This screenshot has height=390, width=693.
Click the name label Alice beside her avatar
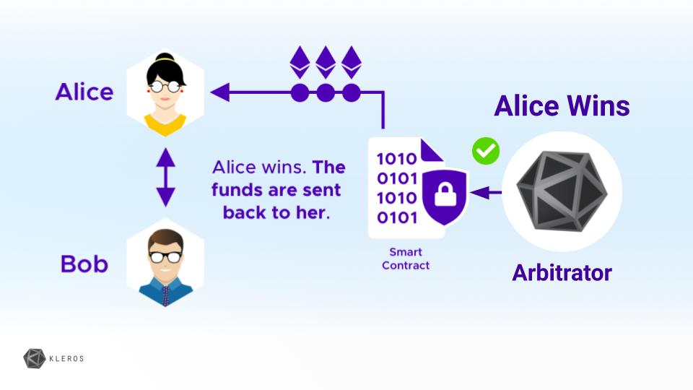tap(84, 92)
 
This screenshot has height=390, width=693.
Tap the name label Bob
tap(84, 264)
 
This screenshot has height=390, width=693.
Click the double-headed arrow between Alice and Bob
tap(165, 177)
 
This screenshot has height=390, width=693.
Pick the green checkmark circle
tap(486, 151)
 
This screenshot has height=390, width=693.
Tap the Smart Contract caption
tap(405, 259)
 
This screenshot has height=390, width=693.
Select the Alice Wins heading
tap(562, 107)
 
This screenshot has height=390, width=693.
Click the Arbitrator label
tap(562, 273)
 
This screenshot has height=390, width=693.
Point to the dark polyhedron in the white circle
tap(562, 191)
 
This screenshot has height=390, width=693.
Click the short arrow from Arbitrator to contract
tap(485, 193)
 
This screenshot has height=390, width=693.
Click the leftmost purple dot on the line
tap(300, 92)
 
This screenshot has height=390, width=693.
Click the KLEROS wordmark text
tap(67, 357)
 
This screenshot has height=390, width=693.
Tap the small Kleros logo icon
tap(35, 358)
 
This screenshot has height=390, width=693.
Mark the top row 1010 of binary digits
tap(396, 158)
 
